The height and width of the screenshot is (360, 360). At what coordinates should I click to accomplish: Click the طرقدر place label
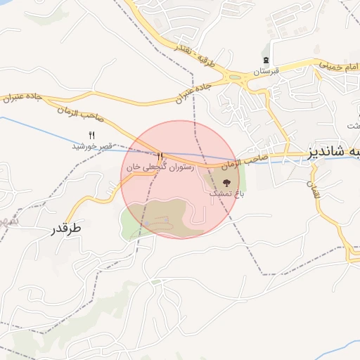pyautogui.click(x=67, y=229)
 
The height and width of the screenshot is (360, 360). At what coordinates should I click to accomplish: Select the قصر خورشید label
pyautogui.click(x=92, y=146)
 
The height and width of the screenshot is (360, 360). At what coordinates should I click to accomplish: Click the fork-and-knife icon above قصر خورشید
pyautogui.click(x=90, y=135)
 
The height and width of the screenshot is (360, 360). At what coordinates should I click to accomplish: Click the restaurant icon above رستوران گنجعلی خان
pyautogui.click(x=160, y=156)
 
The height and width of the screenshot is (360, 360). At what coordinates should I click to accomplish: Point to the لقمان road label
pyautogui.click(x=314, y=187)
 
